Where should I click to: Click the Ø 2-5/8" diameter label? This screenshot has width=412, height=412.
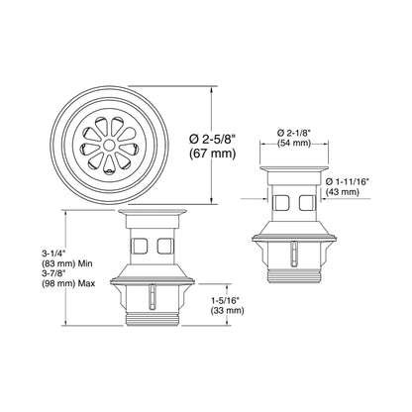tap(213, 139)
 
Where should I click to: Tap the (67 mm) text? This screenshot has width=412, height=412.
tap(213, 154)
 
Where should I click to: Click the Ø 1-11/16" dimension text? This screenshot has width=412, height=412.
tap(347, 181)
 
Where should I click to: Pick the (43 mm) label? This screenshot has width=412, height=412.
tap(343, 192)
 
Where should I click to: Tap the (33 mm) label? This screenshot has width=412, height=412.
tap(227, 311)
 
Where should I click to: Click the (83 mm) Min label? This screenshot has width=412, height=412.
tap(67, 263)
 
